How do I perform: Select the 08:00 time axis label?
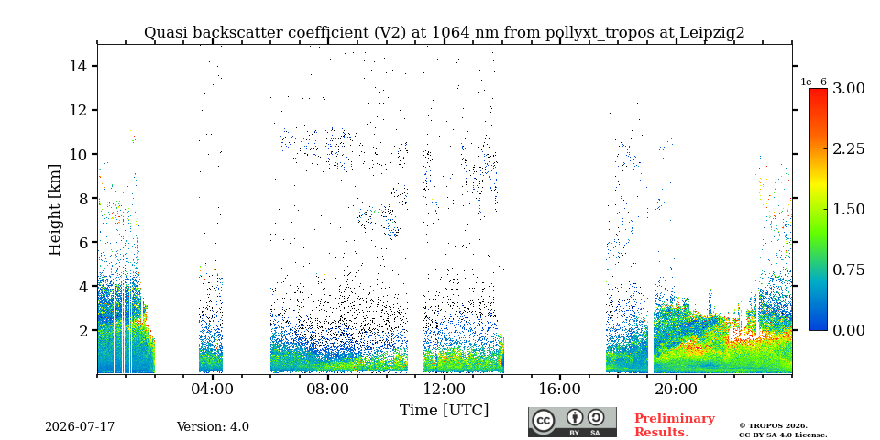pyautogui.click(x=329, y=389)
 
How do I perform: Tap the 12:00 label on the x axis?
pyautogui.click(x=445, y=389)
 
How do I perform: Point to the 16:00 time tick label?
pyautogui.click(x=561, y=389)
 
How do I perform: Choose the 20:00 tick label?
pyautogui.click(x=676, y=389)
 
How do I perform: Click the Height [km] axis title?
pyautogui.click(x=54, y=210)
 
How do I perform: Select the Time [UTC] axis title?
pyautogui.click(x=444, y=411)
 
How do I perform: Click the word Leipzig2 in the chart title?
pyautogui.click(x=712, y=33)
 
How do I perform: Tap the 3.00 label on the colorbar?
pyautogui.click(x=848, y=89)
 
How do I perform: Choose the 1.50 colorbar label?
pyautogui.click(x=848, y=209)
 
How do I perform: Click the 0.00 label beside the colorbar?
pyautogui.click(x=848, y=330)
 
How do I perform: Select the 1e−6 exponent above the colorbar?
pyautogui.click(x=813, y=82)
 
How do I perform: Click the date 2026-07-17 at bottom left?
pyautogui.click(x=80, y=427)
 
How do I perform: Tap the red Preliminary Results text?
pyautogui.click(x=675, y=425)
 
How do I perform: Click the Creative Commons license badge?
pyautogui.click(x=572, y=422)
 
